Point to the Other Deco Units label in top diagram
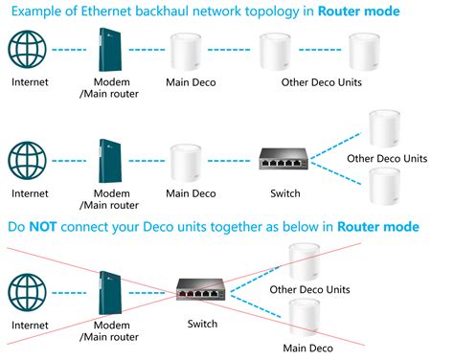coord(322,82)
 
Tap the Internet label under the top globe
coord(30,82)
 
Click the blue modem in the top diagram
coord(107,50)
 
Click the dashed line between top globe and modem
coord(69,50)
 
